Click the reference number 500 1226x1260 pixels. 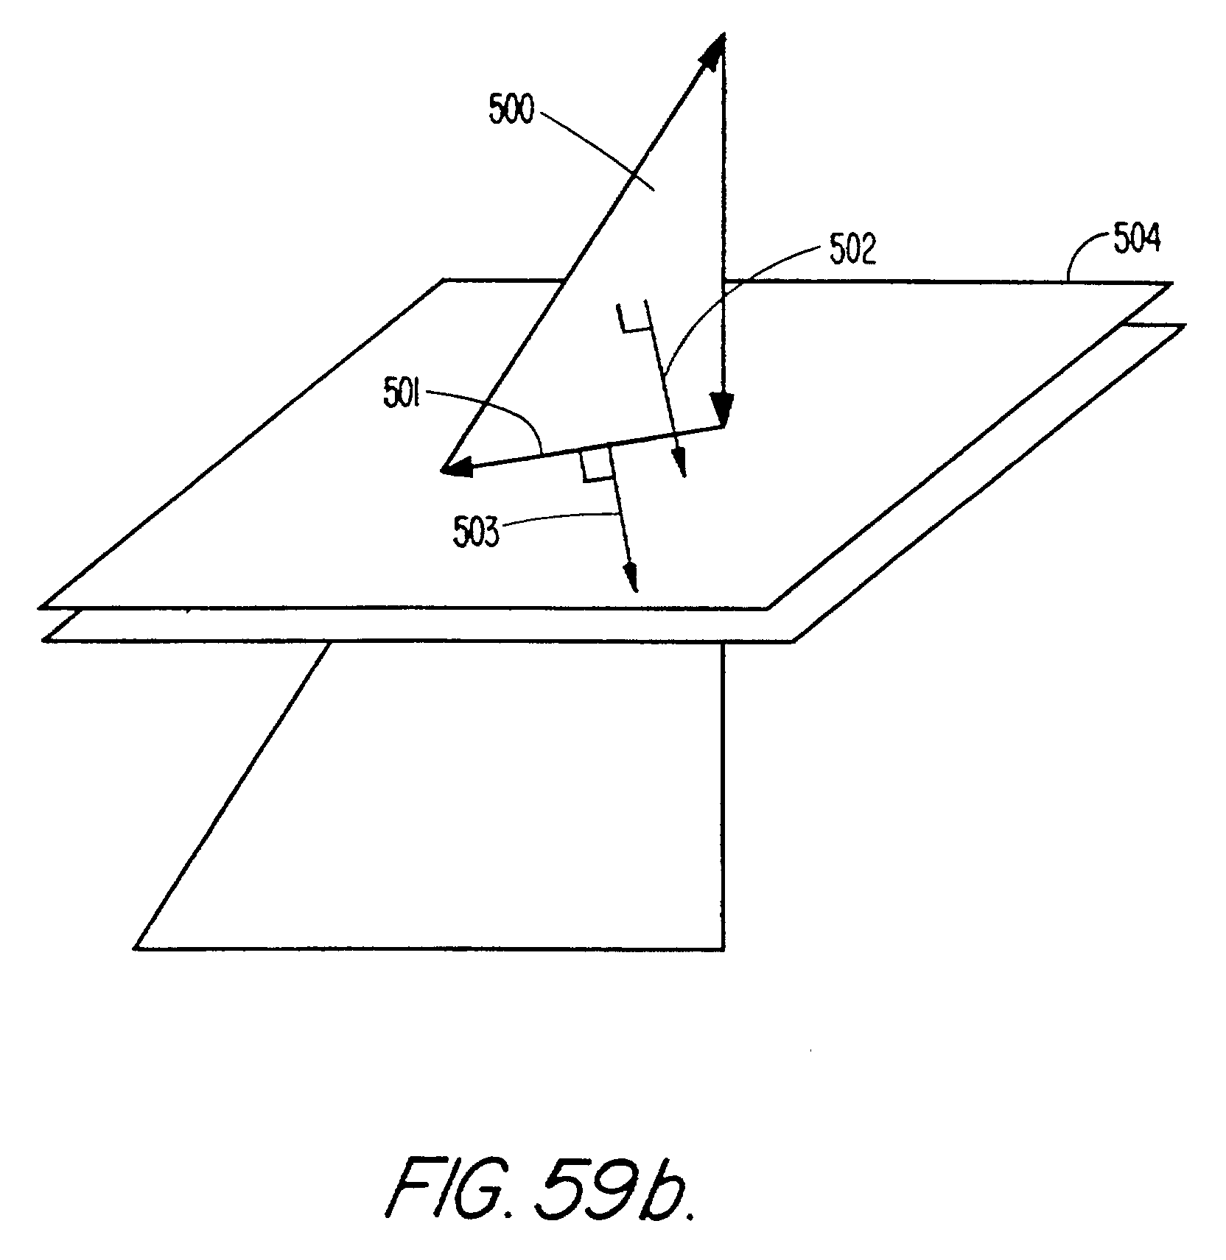tap(510, 110)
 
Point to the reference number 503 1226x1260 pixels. tap(477, 532)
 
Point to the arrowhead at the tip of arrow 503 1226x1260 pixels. tap(631, 578)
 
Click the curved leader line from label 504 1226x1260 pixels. tap(1084, 265)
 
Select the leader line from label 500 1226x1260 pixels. tap(589, 147)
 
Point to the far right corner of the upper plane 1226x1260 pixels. tap(1169, 283)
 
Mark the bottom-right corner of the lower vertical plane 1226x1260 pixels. tap(724, 949)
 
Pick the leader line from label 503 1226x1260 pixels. tap(560, 517)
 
